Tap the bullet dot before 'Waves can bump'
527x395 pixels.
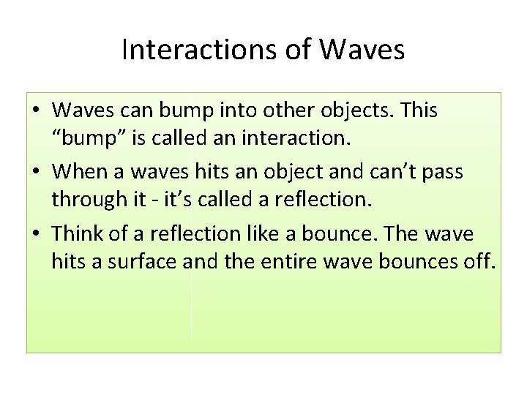[37, 111]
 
